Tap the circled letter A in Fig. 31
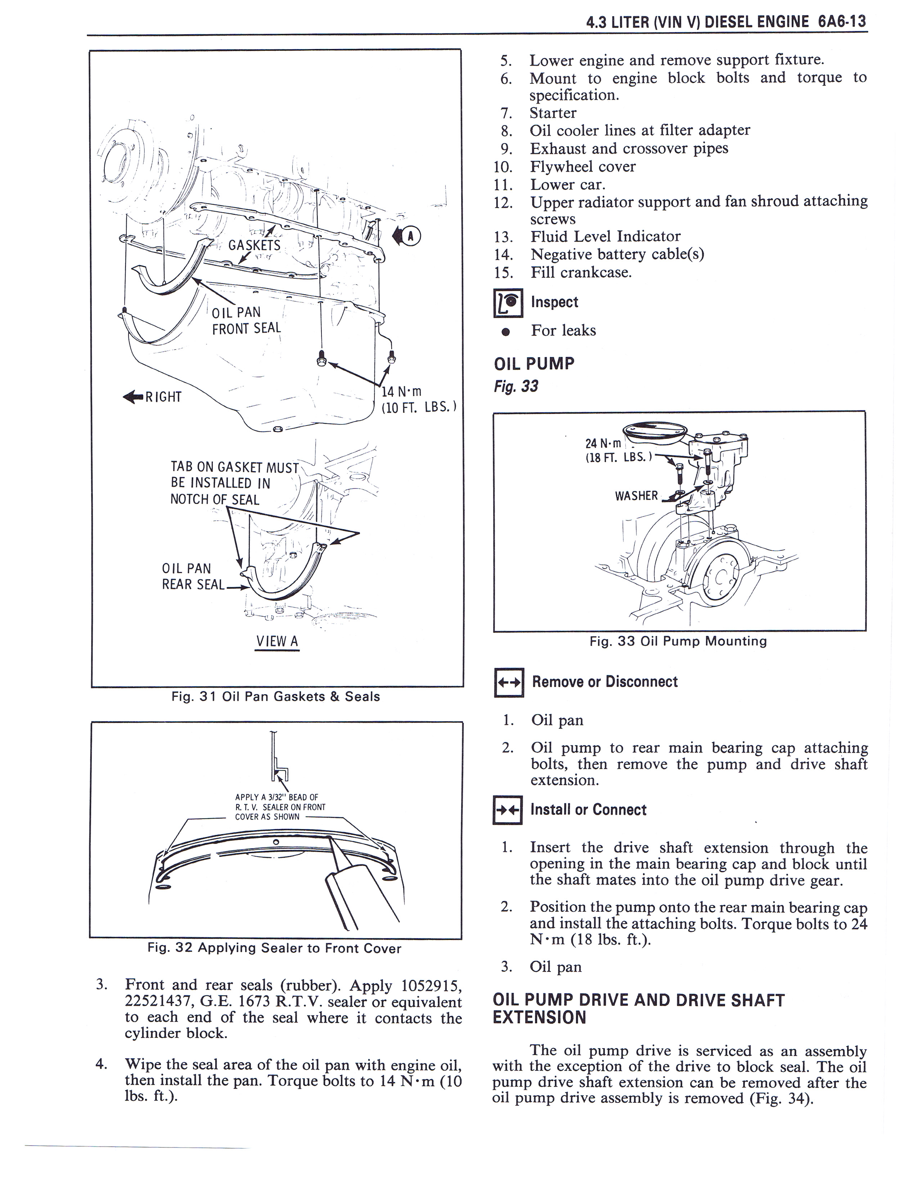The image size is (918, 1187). click(x=411, y=236)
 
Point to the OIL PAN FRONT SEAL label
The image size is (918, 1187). click(x=246, y=320)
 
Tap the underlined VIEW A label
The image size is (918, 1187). click(x=277, y=641)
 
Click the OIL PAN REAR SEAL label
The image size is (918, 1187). click(x=193, y=576)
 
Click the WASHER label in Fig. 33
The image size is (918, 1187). click(x=636, y=496)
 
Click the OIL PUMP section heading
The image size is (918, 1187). click(x=534, y=364)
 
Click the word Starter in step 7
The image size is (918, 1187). click(x=553, y=113)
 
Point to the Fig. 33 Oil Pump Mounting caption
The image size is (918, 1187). click(x=678, y=641)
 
